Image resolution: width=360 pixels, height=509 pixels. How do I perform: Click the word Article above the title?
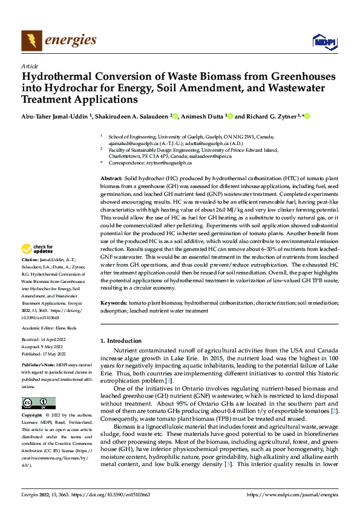[x=30, y=66]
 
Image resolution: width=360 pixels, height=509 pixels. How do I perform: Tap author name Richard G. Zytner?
[x=273, y=116]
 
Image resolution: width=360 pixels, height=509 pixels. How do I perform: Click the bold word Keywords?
[x=113, y=301]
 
